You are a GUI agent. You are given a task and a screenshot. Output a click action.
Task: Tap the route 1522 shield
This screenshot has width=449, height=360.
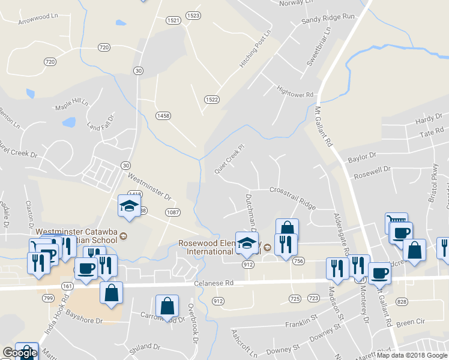point(211,100)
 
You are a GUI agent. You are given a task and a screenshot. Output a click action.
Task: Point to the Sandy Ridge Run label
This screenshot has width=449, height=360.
point(328,19)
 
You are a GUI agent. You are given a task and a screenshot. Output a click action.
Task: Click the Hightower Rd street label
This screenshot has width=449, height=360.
point(295,94)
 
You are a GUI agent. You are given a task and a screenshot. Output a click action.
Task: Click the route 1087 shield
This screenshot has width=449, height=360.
point(173,211)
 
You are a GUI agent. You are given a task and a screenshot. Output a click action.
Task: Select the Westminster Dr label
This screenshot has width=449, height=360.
point(149,187)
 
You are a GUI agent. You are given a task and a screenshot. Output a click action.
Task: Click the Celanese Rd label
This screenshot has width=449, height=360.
point(213,283)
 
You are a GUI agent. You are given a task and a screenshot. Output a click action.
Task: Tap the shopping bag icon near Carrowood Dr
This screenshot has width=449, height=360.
point(167,306)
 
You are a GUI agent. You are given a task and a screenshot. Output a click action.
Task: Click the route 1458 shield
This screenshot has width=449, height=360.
point(163,115)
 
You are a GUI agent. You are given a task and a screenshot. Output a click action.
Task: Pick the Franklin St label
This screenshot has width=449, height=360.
point(301,324)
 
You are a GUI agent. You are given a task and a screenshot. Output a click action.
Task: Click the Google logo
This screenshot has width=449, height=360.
point(19,353)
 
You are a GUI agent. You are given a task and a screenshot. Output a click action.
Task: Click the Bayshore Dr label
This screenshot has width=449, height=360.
point(85,316)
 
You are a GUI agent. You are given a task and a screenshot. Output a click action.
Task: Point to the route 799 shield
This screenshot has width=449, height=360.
point(48,298)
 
